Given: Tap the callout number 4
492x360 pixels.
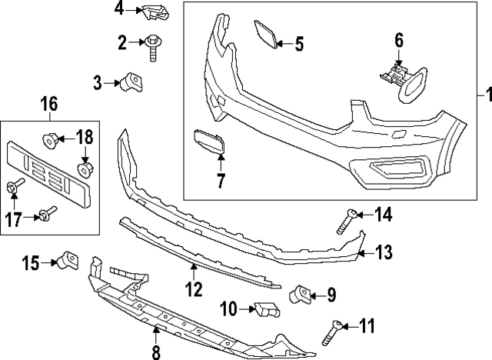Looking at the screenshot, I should pos(119,9).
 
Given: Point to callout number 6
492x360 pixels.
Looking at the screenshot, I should pos(399,39).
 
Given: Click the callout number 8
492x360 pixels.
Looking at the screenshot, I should pos(156,353).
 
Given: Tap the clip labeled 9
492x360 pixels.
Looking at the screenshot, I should pos(301,293).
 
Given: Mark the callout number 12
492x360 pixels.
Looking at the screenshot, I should pos(194,289).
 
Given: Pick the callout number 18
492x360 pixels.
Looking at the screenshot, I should pos(83,138).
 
